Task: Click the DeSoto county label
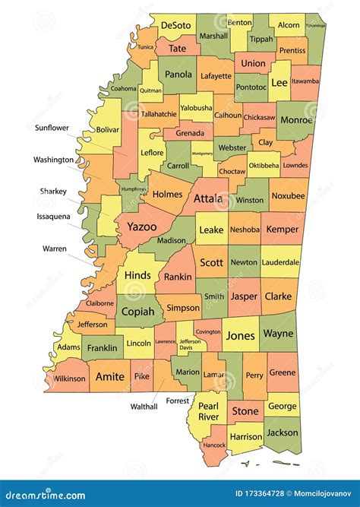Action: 176,25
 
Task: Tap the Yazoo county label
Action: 141,227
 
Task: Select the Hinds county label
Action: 137,274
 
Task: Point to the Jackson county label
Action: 283,433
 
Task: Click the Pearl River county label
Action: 208,411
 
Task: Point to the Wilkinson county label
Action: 69,378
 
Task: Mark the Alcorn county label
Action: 289,25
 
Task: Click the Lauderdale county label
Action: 281,262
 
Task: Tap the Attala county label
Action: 208,199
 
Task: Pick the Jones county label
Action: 240,335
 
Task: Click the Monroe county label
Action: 296,119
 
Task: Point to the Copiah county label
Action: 137,312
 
